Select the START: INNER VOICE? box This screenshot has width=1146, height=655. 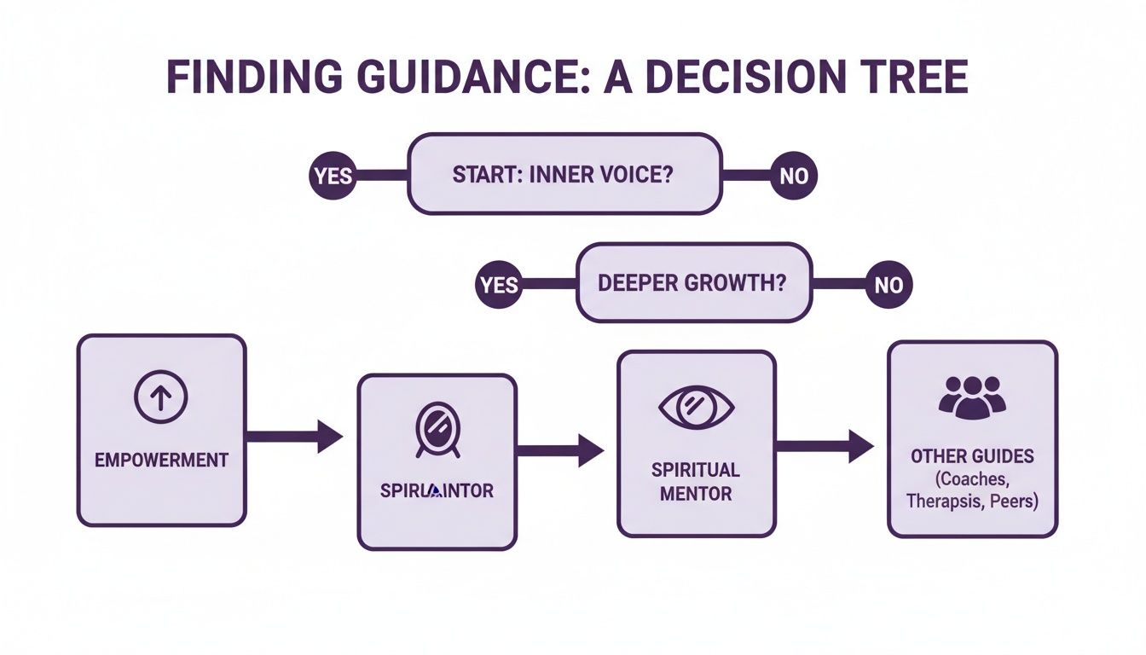coord(565,175)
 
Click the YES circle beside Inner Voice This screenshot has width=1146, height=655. coord(332,177)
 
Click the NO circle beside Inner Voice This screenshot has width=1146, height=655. coord(794,177)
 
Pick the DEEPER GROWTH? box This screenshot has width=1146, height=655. coord(693,283)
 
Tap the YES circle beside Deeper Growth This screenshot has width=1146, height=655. coord(499,284)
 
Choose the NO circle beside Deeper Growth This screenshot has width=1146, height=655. coord(888,284)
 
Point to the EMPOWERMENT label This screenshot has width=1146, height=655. coord(161,460)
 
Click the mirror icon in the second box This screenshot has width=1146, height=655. coord(437,426)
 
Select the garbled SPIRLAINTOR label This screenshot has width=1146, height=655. coord(437,491)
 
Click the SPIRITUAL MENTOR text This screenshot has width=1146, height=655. coord(696,482)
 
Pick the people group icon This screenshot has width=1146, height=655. coord(972,397)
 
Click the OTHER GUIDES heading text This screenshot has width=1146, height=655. coord(972,456)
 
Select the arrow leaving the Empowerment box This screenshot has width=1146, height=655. coord(294,436)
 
